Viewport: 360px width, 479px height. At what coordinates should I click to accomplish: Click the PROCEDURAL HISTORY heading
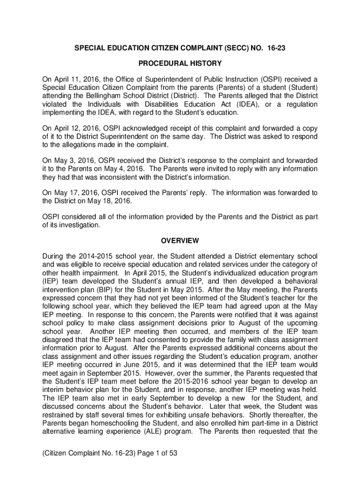pyautogui.click(x=180, y=63)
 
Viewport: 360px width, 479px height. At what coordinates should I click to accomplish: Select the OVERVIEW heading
pyautogui.click(x=180, y=241)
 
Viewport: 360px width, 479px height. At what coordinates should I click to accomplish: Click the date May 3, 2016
pyautogui.click(x=70, y=160)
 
